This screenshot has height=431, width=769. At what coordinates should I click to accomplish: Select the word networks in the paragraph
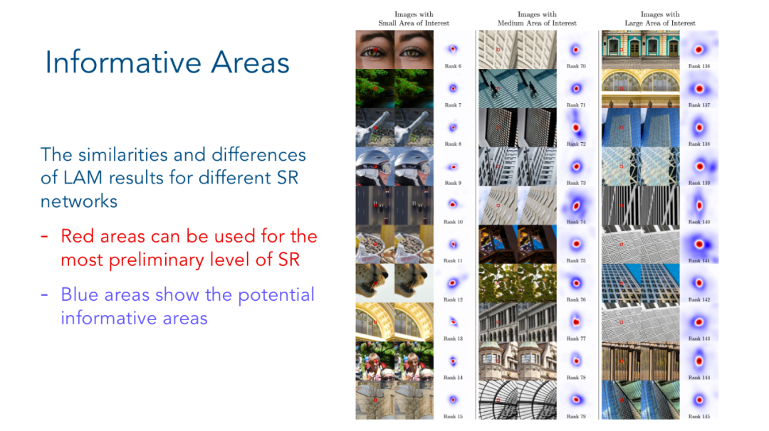click(79, 201)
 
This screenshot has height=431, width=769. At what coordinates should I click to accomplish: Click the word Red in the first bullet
click(78, 236)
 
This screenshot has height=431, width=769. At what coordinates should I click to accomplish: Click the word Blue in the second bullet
click(78, 294)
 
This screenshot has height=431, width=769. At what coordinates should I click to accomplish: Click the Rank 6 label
click(453, 66)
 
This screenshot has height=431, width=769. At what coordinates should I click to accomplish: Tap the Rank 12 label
click(453, 299)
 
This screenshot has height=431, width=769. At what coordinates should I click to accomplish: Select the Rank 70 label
click(576, 66)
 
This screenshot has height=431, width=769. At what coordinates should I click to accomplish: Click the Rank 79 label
click(576, 417)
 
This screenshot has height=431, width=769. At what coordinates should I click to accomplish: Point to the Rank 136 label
click(699, 66)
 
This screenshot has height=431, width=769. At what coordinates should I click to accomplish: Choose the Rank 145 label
click(699, 417)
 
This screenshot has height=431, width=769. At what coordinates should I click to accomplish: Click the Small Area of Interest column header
click(414, 18)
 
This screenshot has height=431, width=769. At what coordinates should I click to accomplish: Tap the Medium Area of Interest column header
click(537, 18)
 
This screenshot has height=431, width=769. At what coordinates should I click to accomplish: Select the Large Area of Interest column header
click(659, 18)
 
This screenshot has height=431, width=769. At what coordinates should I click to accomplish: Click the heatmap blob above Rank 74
click(576, 206)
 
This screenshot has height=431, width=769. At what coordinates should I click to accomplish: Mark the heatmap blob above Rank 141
click(699, 244)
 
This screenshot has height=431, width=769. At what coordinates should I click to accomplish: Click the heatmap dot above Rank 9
click(453, 167)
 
